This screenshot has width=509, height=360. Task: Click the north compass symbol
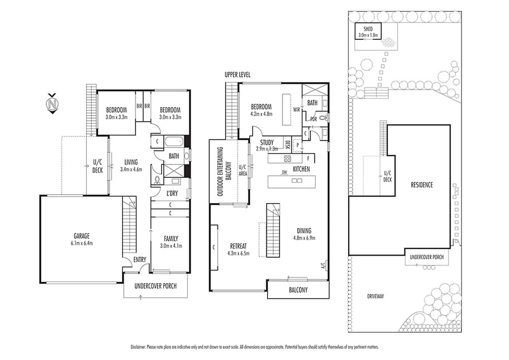point(52,104)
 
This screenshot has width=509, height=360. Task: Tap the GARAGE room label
point(82,236)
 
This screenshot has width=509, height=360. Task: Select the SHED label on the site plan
point(368,29)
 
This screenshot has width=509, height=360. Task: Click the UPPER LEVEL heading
point(237,75)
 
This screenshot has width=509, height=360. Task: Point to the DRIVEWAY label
point(375,296)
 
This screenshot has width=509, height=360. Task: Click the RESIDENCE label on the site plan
point(421,185)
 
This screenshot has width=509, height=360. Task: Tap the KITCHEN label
point(301,169)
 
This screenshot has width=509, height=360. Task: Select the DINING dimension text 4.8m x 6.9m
point(304,238)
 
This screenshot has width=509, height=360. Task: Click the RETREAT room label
point(238,246)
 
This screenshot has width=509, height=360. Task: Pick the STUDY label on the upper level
point(267,142)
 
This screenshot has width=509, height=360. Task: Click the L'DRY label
point(172,193)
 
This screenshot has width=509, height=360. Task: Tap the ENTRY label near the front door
point(140,259)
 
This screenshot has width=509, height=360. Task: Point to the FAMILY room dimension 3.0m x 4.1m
point(171,246)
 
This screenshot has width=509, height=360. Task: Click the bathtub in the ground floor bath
point(174,142)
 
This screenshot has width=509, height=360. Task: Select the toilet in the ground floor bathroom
point(157,180)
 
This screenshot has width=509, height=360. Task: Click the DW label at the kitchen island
point(284,172)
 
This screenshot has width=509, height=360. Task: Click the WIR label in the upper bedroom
point(296,110)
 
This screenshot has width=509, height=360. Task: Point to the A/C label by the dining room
point(323,266)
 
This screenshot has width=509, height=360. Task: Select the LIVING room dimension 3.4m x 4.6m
point(131,169)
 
